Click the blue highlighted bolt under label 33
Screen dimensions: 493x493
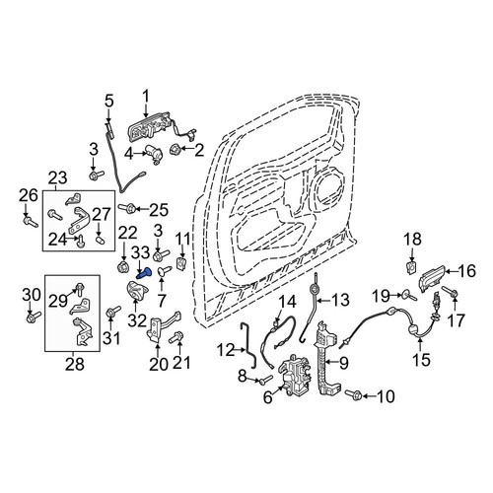(144, 273)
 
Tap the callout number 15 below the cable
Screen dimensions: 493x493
(422, 359)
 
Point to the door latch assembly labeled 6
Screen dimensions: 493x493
(296, 376)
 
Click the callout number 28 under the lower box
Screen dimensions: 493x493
(75, 365)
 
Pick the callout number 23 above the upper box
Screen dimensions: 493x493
(57, 178)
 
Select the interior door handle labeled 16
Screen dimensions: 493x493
(432, 278)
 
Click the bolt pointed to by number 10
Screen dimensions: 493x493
(353, 394)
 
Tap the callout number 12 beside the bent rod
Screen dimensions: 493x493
(226, 350)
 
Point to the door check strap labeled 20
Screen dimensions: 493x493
(164, 327)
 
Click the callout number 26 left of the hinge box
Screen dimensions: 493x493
(29, 195)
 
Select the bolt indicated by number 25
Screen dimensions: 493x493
(127, 208)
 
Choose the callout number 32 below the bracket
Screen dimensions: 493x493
(137, 320)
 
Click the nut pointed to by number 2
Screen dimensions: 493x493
(174, 150)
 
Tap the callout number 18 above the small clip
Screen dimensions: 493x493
(412, 239)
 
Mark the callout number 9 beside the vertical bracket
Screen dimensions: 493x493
(343, 363)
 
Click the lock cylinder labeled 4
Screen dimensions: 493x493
(155, 153)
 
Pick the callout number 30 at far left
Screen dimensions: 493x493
(32, 296)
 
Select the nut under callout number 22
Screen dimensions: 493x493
(123, 267)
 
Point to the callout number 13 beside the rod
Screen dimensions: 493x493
(339, 300)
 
